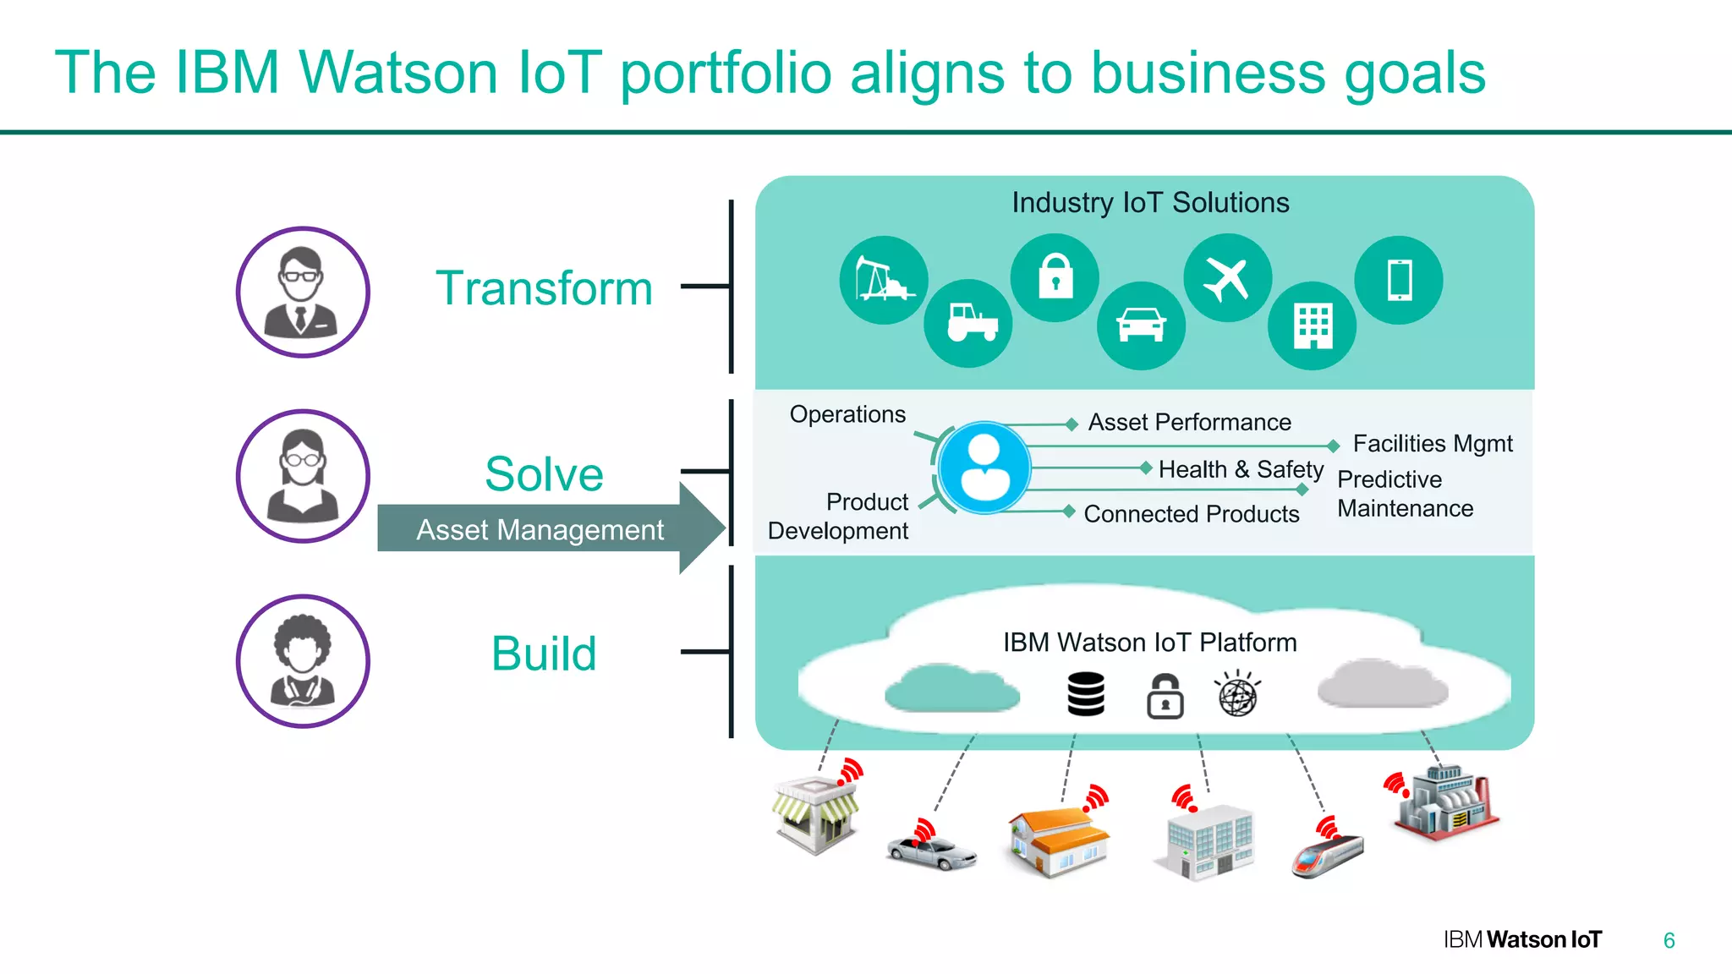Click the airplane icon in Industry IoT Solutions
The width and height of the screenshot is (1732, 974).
(1227, 278)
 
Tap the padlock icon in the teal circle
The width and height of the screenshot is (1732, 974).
(1055, 277)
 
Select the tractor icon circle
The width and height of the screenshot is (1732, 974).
(968, 323)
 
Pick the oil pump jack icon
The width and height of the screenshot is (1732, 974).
(884, 280)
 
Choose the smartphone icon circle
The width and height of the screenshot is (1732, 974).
(1399, 280)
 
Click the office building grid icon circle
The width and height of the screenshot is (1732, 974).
(1313, 326)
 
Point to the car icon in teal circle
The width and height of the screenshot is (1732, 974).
(1141, 326)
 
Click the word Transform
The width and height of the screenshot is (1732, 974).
(544, 288)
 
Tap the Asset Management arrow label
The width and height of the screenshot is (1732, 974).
(540, 530)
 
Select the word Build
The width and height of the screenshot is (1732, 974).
(544, 654)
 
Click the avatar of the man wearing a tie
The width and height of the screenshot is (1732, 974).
(303, 293)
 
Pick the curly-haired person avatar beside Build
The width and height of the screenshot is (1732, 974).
(303, 661)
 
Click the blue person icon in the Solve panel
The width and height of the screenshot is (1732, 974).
(984, 468)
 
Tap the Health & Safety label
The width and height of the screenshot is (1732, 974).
(1241, 469)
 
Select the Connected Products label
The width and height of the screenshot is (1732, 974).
(1191, 514)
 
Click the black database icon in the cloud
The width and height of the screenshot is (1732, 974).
(1086, 694)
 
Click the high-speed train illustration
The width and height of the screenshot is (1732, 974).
(1327, 853)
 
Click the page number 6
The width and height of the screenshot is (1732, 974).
(1669, 940)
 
